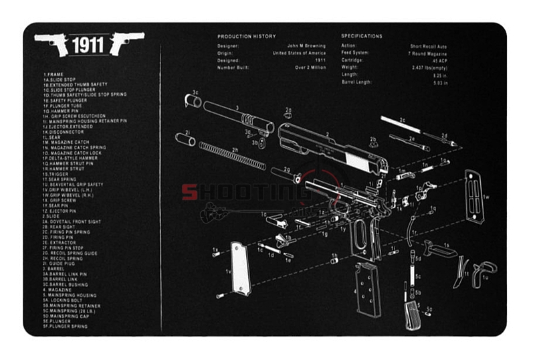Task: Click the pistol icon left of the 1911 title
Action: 52,43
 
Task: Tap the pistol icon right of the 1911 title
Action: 127,43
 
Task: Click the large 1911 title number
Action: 89,46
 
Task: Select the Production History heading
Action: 246,36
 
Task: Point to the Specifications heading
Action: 362,36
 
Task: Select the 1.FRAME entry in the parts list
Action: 53,74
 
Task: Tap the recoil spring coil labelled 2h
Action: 231,155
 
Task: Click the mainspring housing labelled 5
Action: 411,314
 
